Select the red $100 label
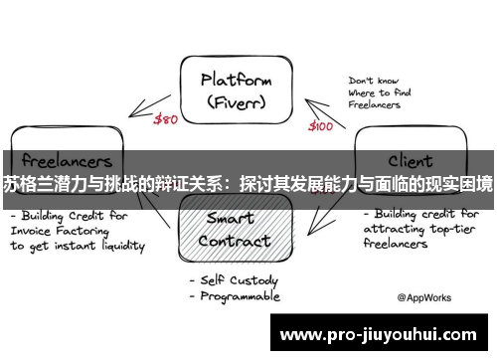click(x=321, y=126)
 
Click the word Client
click(x=411, y=159)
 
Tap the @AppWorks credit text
click(x=425, y=296)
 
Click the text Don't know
click(x=374, y=79)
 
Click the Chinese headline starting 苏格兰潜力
click(x=248, y=184)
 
